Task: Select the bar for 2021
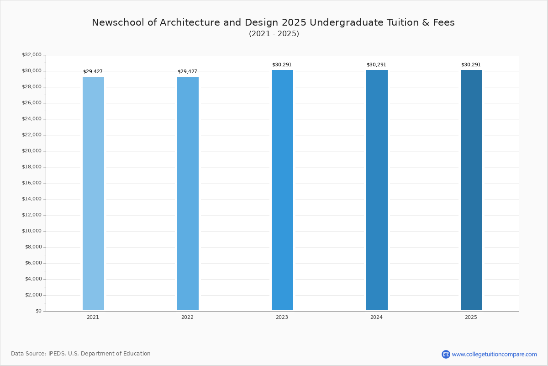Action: point(93,194)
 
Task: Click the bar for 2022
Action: point(188,194)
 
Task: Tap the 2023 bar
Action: point(282,190)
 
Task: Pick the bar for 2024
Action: point(377,190)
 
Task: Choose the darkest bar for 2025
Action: point(471,190)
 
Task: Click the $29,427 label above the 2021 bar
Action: point(93,72)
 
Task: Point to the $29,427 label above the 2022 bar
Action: point(187,72)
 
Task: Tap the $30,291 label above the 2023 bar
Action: point(282,65)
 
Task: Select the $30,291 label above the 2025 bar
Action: point(471,65)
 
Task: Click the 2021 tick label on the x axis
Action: point(93,317)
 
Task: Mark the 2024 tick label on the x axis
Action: point(376,317)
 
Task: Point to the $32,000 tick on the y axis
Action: point(32,55)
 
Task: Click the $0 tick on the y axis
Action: point(38,311)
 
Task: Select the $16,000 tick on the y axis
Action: point(32,183)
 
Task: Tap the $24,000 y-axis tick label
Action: point(32,119)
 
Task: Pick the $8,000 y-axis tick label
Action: point(33,247)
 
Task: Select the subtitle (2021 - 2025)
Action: point(274,34)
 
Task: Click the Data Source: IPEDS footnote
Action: point(81,354)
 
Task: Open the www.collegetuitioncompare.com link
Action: point(494,354)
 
